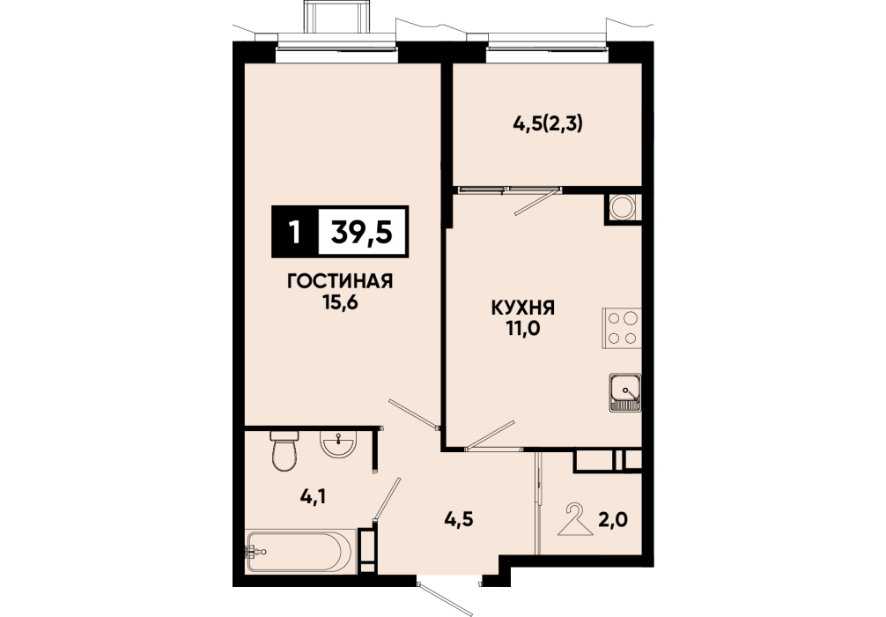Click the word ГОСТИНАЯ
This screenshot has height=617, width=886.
click(340, 281)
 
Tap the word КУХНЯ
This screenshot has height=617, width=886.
click(523, 308)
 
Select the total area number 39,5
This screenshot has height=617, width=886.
click(362, 232)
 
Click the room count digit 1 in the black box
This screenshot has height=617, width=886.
click(294, 232)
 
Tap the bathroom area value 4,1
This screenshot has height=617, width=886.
click(315, 497)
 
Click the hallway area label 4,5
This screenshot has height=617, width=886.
click(458, 519)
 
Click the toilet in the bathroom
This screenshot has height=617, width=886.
click(284, 450)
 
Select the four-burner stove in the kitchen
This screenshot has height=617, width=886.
click(622, 328)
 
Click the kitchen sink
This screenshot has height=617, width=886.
click(625, 392)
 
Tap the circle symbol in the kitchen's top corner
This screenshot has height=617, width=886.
click(624, 206)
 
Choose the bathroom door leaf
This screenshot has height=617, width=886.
click(387, 499)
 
